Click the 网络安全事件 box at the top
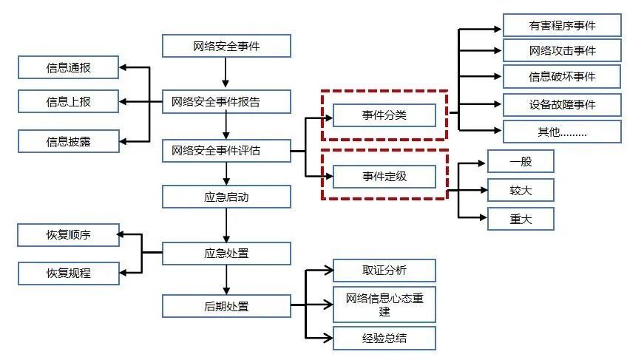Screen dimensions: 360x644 pos(226,47)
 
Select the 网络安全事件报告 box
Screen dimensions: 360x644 pos(226,101)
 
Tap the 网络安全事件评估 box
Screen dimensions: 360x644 pos(226,151)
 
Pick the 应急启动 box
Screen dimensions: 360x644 pos(226,197)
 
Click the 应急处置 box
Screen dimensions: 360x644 pos(226,254)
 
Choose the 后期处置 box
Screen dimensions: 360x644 pos(226,305)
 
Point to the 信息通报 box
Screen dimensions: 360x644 pos(68,69)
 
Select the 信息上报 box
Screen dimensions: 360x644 pos(68,101)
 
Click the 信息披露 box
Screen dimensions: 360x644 pos(68,140)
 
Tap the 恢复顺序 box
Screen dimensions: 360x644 pos(68,237)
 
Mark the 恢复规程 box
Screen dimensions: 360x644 pos(68,274)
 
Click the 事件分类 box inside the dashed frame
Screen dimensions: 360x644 pos(384,115)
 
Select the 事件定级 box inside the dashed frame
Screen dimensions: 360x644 pos(384,177)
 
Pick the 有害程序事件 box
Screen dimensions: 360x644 pos(562,25)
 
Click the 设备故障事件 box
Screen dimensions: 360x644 pos(562,104)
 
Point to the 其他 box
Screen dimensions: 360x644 pos(562,132)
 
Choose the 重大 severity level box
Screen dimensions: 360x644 pos(521,218)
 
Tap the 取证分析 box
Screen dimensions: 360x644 pos(384,270)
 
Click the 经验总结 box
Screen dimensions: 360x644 pos(384,338)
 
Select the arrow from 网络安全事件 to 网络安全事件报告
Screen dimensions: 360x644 pos(226,73)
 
